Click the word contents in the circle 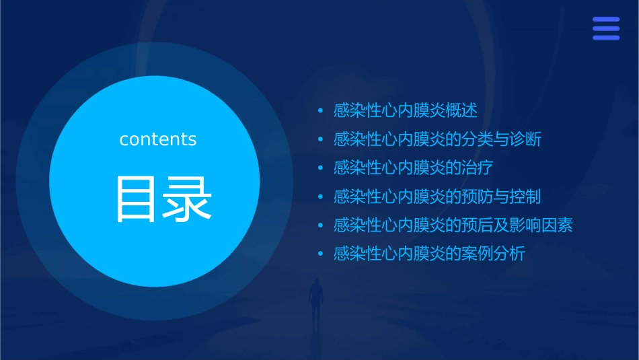(158, 139)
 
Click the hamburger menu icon (605, 29)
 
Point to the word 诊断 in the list (525, 139)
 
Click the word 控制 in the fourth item (525, 196)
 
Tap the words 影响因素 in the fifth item (541, 225)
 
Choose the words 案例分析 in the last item (493, 254)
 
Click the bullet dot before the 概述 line (321, 111)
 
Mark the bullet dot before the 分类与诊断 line (321, 140)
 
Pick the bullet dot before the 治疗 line (321, 168)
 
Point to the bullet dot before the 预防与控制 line (321, 197)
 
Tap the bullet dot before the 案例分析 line (321, 254)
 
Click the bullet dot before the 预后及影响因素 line (321, 225)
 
